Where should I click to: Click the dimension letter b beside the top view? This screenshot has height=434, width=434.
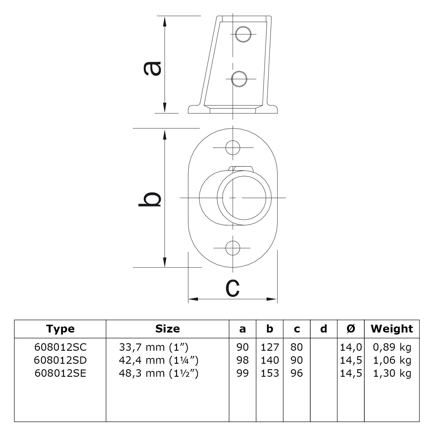point(149,199)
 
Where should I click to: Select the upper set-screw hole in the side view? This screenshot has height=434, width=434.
point(243,34)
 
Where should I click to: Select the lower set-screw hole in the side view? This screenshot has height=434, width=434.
point(240,79)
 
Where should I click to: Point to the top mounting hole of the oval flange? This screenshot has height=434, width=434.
point(233,147)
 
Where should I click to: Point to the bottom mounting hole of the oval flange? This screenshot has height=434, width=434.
point(233,248)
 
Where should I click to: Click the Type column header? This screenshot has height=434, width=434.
point(60,329)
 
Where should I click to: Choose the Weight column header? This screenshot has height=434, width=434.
point(392,329)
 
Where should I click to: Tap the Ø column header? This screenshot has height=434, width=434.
point(351,329)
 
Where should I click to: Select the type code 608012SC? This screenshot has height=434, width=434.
point(60,347)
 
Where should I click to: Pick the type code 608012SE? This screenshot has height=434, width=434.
point(60,373)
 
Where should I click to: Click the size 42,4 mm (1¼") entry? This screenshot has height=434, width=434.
point(158,360)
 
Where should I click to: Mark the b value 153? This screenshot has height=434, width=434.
point(270,373)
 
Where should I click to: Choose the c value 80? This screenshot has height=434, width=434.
point(297,347)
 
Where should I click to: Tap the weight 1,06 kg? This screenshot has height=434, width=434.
point(392,360)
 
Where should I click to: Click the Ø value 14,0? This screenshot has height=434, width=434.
point(351,347)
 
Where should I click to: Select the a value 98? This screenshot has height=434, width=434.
point(243,360)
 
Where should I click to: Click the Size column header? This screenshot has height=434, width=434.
point(167,329)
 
